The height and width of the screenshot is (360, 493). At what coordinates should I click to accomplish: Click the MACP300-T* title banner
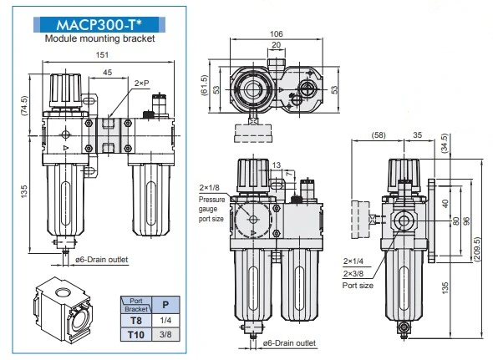99,24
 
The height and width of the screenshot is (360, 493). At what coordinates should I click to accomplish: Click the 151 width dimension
102,54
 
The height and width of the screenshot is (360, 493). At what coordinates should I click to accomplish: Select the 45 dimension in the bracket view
107,73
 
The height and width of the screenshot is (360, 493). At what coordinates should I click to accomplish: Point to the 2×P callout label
141,84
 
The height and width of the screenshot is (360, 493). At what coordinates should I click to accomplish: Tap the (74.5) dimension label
24,105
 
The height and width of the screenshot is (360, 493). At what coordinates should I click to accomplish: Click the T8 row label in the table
136,321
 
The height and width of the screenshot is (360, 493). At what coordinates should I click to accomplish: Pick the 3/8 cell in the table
165,334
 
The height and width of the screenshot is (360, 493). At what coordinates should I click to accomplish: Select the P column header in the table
165,304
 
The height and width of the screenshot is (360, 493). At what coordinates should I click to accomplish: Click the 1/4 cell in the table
165,321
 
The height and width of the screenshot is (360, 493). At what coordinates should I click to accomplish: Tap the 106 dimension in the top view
277,33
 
